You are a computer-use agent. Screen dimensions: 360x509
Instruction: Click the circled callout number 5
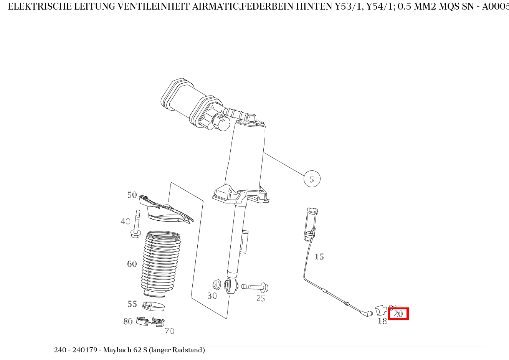click(x=312, y=179)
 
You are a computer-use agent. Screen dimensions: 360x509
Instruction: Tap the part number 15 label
click(x=319, y=256)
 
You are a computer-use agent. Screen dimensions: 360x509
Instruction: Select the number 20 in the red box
click(x=398, y=314)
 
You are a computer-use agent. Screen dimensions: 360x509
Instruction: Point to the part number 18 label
click(x=382, y=321)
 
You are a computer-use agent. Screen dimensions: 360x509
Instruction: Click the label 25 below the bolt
click(x=261, y=299)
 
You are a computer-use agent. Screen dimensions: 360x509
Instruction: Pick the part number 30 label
click(x=212, y=296)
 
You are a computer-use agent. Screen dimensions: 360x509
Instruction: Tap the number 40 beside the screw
click(x=126, y=221)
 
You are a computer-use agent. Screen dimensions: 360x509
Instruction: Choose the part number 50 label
click(x=132, y=195)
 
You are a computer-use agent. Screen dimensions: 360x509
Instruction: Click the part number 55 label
click(x=132, y=304)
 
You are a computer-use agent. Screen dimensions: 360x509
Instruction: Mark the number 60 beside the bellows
click(x=132, y=264)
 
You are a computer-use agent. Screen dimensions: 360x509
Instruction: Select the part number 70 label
click(x=170, y=331)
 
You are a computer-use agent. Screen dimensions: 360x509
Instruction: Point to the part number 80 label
click(x=128, y=321)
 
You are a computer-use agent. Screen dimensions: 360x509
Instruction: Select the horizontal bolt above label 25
click(x=255, y=287)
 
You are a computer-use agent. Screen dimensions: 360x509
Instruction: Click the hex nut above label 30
click(x=216, y=285)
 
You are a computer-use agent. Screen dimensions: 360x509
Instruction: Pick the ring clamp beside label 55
click(x=153, y=306)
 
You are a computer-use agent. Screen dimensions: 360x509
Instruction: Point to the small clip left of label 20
click(x=381, y=310)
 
